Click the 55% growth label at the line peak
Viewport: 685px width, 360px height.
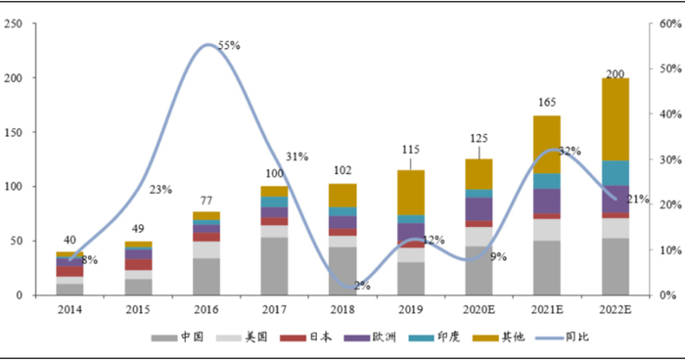pyautogui.click(x=229, y=45)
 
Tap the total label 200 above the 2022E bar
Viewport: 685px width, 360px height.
pyautogui.click(x=616, y=73)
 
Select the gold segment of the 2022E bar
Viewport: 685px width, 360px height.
pyautogui.click(x=616, y=119)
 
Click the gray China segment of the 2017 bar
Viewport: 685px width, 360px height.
pyautogui.click(x=274, y=266)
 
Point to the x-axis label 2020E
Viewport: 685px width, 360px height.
pyautogui.click(x=479, y=310)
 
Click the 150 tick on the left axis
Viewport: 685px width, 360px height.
pyautogui.click(x=13, y=132)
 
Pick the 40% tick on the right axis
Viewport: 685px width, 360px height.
pyautogui.click(x=670, y=114)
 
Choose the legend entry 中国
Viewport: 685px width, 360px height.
pyautogui.click(x=177, y=337)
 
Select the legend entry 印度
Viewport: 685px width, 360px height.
pyautogui.click(x=434, y=337)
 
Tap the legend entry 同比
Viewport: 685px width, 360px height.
pyautogui.click(x=563, y=337)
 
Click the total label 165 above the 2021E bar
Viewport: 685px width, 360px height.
pyautogui.click(x=547, y=103)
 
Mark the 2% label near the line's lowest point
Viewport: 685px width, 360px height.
pyautogui.click(x=362, y=286)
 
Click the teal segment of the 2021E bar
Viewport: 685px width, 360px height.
pyautogui.click(x=547, y=181)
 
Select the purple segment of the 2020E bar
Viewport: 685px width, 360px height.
pyautogui.click(x=479, y=209)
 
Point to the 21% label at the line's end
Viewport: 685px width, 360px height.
pyautogui.click(x=638, y=200)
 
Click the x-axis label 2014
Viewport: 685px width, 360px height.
pyautogui.click(x=69, y=310)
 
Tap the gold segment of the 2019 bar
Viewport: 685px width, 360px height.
pyautogui.click(x=411, y=193)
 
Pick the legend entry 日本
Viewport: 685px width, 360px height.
pyautogui.click(x=305, y=337)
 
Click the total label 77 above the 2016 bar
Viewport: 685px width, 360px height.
pyautogui.click(x=206, y=201)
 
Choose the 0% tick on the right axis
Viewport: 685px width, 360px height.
pyautogui.click(x=668, y=295)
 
